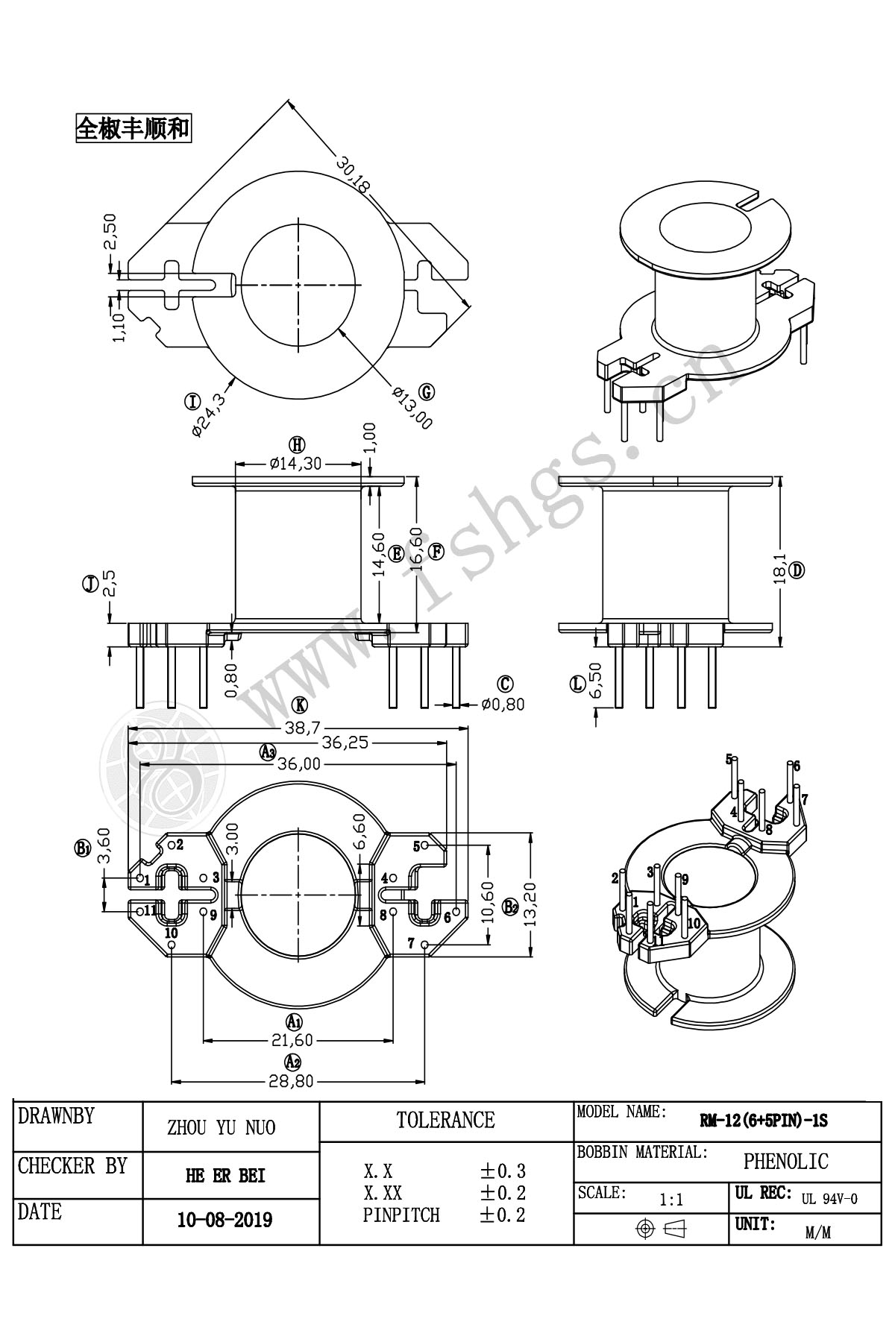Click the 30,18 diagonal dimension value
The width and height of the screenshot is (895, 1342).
point(353,174)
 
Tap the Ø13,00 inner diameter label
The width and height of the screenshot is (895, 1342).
point(412,407)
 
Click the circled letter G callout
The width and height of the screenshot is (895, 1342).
point(427,392)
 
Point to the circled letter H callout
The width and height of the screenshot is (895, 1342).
point(298,445)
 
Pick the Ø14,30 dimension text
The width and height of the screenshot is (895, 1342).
point(296,464)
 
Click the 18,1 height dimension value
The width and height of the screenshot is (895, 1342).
point(780,570)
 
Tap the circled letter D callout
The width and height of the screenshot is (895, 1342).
point(797,571)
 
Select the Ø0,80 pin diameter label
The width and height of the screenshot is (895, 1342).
point(503,704)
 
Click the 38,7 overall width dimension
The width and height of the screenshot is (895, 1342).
point(299,728)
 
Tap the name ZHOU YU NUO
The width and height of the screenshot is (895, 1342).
point(222,1127)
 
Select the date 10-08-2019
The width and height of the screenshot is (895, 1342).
point(224,1220)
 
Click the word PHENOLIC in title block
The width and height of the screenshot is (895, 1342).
point(785,1161)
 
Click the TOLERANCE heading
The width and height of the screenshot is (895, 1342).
point(446,1120)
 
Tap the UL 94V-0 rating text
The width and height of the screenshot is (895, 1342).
point(829,1199)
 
